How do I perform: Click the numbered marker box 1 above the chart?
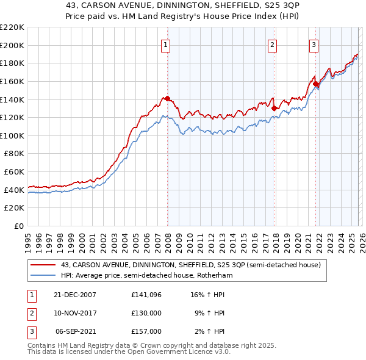coord(167,44)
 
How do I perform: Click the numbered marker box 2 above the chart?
coord(272,44)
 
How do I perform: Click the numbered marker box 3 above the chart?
coord(314,44)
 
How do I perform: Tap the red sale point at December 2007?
coord(167,98)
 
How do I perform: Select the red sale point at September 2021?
coord(315,84)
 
